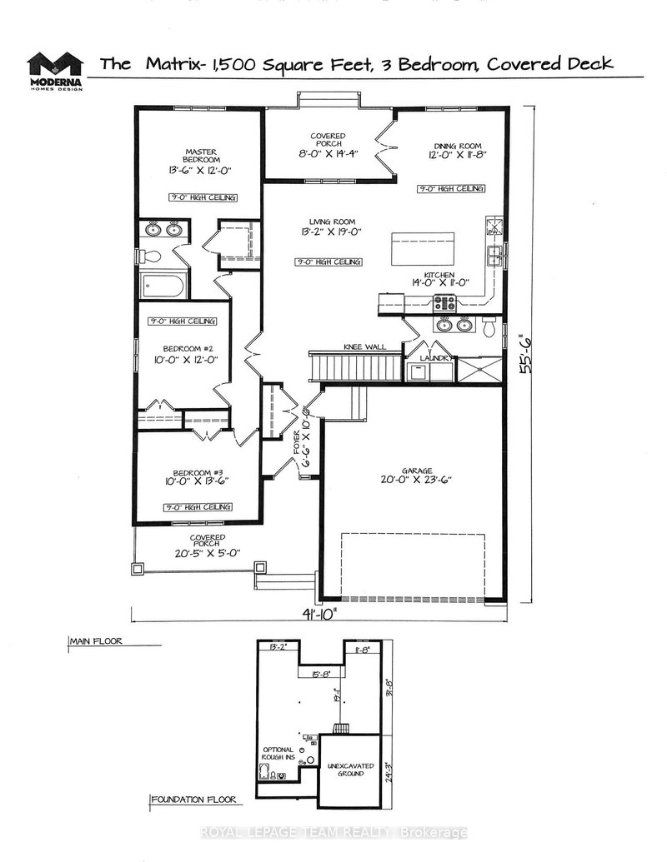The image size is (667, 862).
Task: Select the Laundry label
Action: point(438,359)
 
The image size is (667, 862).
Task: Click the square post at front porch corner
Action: point(137,568)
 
